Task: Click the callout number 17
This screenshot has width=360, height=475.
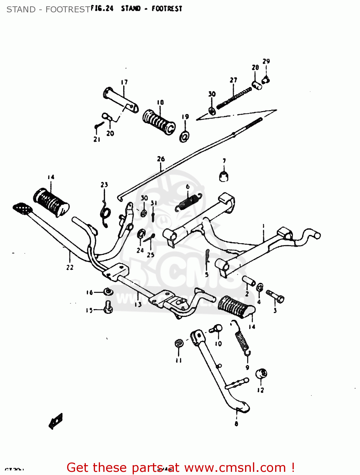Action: click(124, 82)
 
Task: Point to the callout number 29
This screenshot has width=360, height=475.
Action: click(266, 61)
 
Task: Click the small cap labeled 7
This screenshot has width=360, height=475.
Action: click(224, 176)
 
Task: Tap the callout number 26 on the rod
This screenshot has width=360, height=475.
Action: click(161, 159)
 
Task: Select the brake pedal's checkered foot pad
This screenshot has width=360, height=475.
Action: click(22, 208)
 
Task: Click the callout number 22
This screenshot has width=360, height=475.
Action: click(70, 267)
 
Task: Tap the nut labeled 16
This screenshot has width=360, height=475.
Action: click(108, 291)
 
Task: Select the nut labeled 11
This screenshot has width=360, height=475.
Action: click(179, 344)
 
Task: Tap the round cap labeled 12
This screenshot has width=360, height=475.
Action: click(261, 374)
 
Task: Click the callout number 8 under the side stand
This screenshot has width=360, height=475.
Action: click(236, 423)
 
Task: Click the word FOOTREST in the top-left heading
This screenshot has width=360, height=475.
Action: click(67, 9)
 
